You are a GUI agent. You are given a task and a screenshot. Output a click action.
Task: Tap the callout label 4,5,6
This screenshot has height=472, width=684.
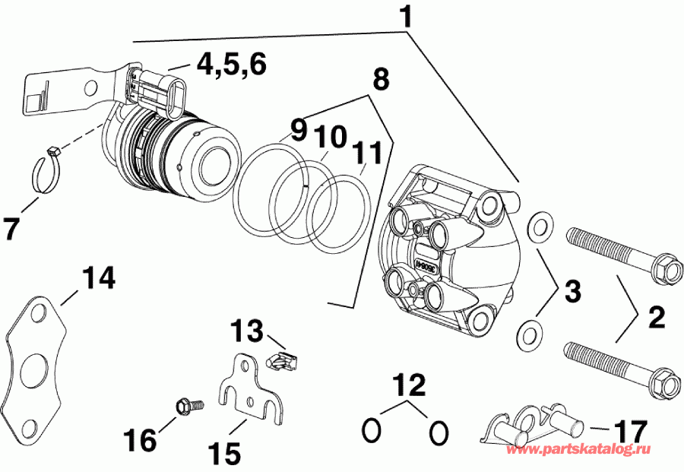tap(231, 65)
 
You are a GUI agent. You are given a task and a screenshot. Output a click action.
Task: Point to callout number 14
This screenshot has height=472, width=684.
tap(100, 278)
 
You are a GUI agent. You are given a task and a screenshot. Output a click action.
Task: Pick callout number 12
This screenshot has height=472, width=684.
tap(405, 385)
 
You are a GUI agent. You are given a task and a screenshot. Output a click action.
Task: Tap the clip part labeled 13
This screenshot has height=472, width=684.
tap(282, 358)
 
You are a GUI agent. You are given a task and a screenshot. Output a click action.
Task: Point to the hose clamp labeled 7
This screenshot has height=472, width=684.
tap(55, 171)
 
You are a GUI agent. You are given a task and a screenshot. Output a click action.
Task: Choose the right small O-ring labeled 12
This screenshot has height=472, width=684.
tap(438, 432)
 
